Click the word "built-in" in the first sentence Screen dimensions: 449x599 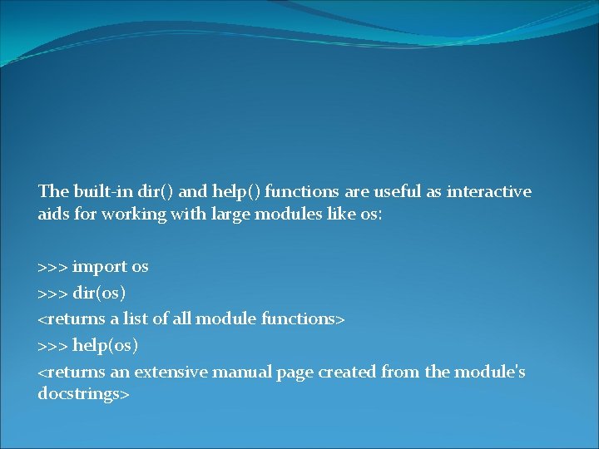pos(97,192)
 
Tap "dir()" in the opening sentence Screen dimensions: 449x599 pos(156,192)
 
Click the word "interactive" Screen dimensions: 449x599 pos(488,192)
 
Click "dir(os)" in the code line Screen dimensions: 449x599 pos(100,293)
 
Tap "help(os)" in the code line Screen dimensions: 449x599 pos(106,344)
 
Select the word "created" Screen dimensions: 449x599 pos(345,372)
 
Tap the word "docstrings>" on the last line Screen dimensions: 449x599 pos(83,393)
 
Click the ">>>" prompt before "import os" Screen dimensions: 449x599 pos(53,267)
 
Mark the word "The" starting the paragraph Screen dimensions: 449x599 pos(52,192)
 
